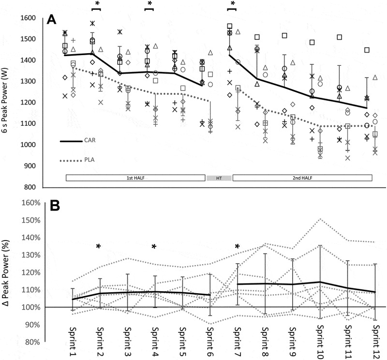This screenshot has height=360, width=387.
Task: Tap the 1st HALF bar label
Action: click(x=136, y=178)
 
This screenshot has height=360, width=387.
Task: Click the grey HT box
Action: click(x=219, y=178)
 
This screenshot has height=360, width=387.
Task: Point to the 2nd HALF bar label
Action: click(x=302, y=178)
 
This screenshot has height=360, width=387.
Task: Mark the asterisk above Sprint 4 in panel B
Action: click(x=154, y=247)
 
